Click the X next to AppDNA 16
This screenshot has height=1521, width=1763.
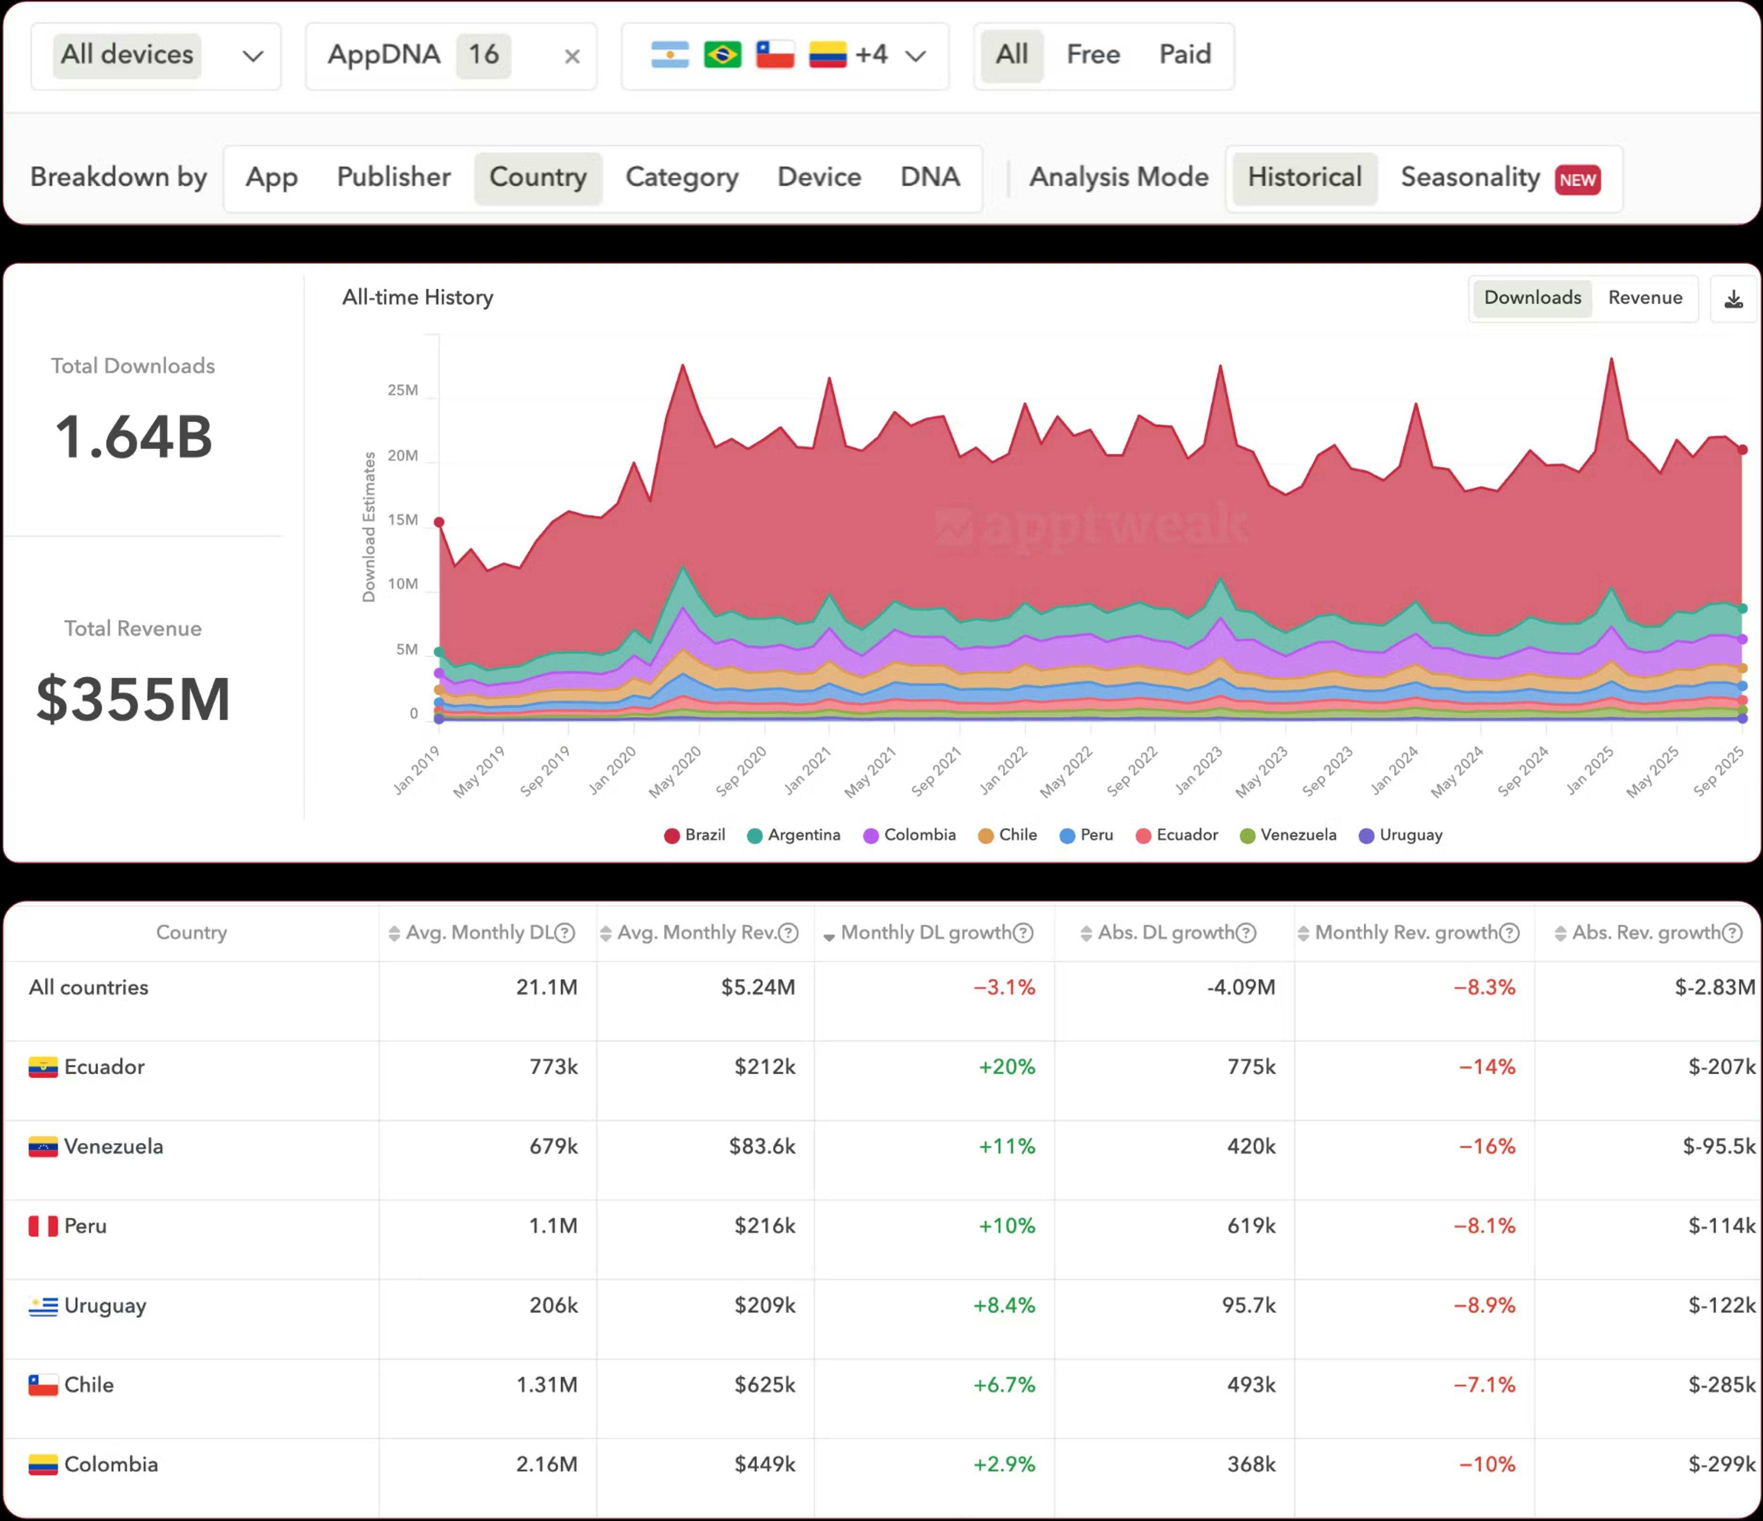(x=572, y=57)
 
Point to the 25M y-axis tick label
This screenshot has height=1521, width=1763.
(x=403, y=390)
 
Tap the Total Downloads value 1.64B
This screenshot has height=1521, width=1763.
(x=134, y=437)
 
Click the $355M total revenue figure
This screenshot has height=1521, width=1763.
(x=134, y=699)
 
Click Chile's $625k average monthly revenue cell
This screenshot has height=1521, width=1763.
(x=764, y=1385)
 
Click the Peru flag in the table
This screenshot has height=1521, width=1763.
(x=42, y=1226)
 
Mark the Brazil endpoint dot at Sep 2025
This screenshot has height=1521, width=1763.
(x=1742, y=450)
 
